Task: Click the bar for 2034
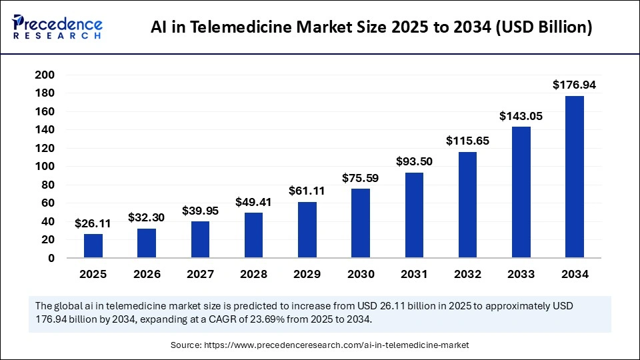pyautogui.click(x=574, y=177)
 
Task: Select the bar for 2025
pyautogui.click(x=93, y=245)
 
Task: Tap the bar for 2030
pyautogui.click(x=361, y=223)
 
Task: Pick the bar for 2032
pyautogui.click(x=467, y=205)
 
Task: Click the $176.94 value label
pyautogui.click(x=574, y=85)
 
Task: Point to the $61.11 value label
pyautogui.click(x=307, y=191)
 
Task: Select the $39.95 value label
pyautogui.click(x=200, y=211)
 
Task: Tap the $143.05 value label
pyautogui.click(x=521, y=116)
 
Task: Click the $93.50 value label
pyautogui.click(x=414, y=161)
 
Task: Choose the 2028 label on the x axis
pyautogui.click(x=253, y=274)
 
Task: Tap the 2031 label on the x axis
pyautogui.click(x=414, y=274)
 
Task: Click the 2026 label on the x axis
pyautogui.click(x=147, y=274)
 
